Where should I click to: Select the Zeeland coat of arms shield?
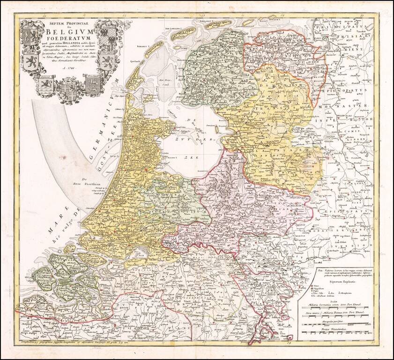(x=45, y=86)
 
